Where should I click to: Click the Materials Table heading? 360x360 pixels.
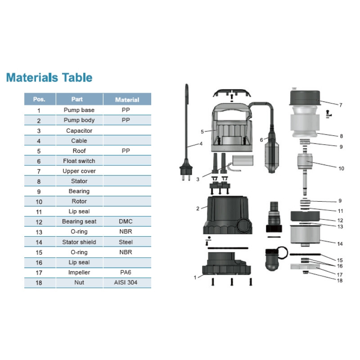tap(49, 77)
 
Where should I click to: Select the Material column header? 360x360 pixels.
tap(127, 99)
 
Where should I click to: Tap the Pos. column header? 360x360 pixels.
tap(39, 99)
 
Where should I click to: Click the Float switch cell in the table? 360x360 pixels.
tap(79, 161)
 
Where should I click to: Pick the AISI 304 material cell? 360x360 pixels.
tap(126, 283)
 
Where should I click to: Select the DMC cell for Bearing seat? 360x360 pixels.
tap(126, 221)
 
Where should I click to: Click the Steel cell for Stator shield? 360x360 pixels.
tap(126, 242)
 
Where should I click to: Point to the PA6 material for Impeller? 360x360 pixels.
tap(126, 272)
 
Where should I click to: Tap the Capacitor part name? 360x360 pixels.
tap(79, 130)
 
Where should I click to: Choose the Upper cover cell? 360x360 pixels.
tap(79, 171)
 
